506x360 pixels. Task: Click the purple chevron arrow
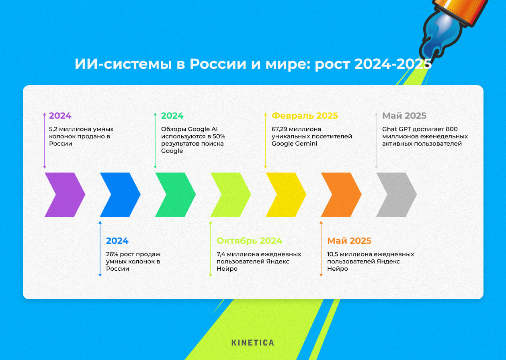64,195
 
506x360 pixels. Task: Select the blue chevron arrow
120,195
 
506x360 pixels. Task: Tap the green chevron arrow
175,195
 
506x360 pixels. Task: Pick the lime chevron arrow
230,195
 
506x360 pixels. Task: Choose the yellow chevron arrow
285,195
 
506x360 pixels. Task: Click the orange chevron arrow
341,195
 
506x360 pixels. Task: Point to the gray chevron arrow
396,195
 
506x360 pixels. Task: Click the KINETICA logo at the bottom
253,343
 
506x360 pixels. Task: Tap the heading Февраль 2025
305,116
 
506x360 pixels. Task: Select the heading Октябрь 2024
249,241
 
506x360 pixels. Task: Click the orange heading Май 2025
349,241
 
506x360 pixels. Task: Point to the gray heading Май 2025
404,116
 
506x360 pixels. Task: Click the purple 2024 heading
60,116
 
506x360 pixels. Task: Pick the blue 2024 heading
117,241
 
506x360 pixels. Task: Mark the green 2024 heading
172,116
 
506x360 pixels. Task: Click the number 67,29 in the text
281,129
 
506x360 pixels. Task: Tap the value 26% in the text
113,254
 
